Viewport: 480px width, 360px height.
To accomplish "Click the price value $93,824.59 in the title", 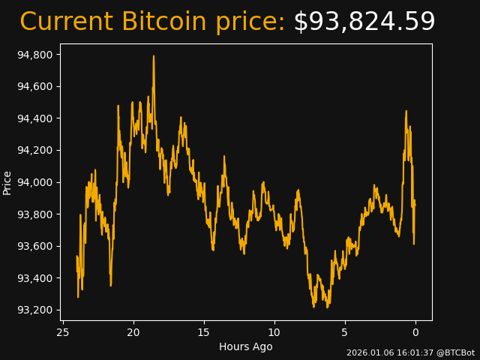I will [364, 22].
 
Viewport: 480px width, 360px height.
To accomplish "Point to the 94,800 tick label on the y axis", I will [34, 55].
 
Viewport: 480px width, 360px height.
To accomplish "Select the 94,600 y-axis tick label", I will [34, 86].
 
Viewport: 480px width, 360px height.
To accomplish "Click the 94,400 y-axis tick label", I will [34, 118].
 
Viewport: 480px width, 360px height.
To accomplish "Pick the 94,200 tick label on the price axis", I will [34, 150].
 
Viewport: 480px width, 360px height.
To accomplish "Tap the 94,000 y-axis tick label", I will [34, 182].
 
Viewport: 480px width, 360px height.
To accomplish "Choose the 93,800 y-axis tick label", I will [34, 214].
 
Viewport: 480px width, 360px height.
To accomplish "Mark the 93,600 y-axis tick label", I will [34, 246].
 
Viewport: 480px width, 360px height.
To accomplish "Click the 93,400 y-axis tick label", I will [34, 278].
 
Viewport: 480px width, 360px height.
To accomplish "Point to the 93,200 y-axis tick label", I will [34, 310].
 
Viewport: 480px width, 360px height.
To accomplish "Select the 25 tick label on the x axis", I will [63, 332].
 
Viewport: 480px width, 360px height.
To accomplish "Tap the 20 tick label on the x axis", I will [133, 332].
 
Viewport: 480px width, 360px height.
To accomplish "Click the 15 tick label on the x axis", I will [204, 332].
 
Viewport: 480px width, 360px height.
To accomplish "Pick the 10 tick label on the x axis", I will [274, 332].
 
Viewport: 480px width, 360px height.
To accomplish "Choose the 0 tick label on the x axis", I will [415, 332].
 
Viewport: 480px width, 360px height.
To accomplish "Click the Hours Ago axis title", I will [245, 346].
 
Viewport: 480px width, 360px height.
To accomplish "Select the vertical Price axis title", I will [7, 182].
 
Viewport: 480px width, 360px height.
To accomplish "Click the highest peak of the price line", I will [154, 56].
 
